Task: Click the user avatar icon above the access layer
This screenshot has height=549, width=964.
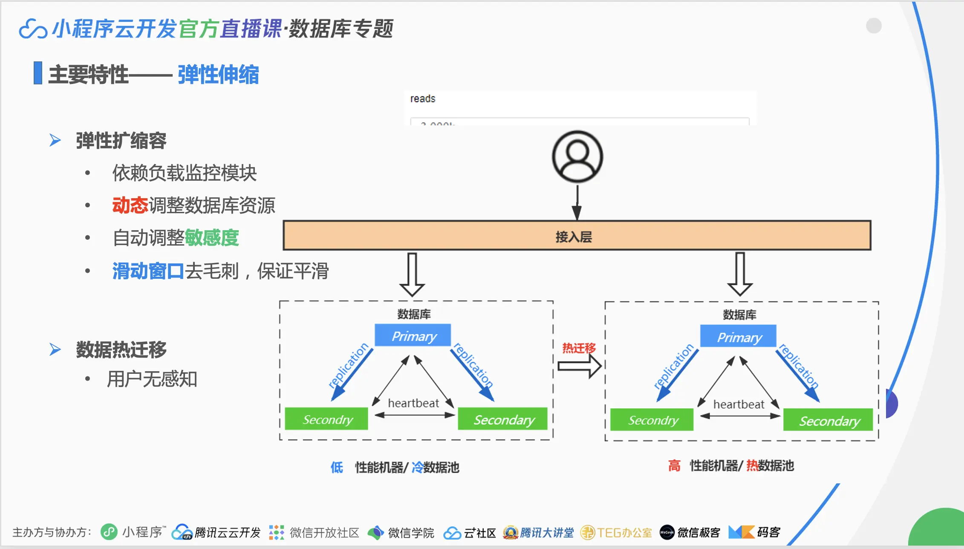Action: tap(577, 157)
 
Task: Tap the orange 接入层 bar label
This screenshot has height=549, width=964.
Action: tap(574, 237)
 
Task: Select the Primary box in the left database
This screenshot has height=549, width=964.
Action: tap(413, 336)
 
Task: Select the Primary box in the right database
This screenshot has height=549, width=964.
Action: tap(738, 337)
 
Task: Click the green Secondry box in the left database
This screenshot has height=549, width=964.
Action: tap(326, 419)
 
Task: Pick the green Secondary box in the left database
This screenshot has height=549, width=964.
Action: tap(503, 420)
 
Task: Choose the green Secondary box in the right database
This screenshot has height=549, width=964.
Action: tap(828, 421)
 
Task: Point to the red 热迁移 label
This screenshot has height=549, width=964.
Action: tap(579, 348)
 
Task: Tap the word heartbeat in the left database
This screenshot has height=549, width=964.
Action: tap(413, 403)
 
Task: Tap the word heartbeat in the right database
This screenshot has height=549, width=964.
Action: tap(739, 405)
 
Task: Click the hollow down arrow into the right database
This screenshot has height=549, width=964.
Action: tap(740, 274)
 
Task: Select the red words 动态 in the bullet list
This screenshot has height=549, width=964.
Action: tap(130, 205)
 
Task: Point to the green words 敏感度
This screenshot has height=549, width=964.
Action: tap(212, 238)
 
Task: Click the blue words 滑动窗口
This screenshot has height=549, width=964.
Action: tap(148, 271)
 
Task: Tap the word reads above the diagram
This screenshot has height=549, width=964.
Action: tap(423, 99)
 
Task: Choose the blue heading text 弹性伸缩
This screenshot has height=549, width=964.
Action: tap(218, 75)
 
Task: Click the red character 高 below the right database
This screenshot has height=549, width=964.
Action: tap(674, 466)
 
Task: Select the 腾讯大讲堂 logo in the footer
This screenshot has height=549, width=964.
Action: tap(538, 532)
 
